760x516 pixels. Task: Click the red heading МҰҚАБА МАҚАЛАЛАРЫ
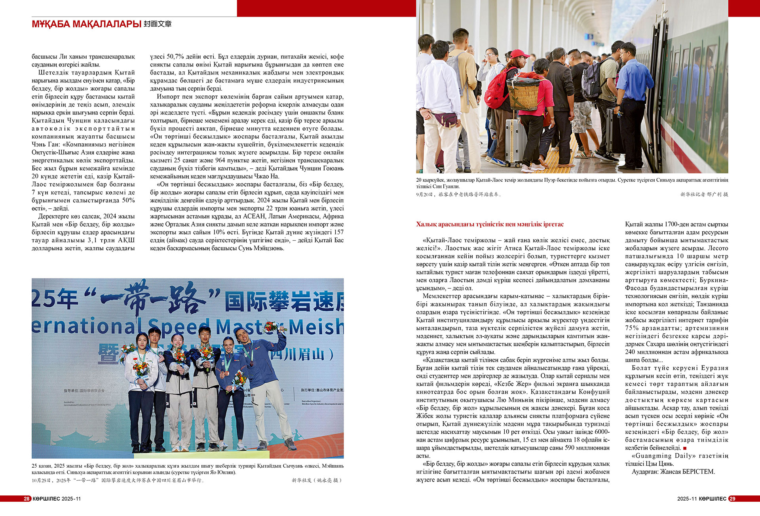[86, 24]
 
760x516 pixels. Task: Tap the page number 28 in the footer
[27, 499]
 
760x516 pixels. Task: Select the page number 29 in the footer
[732, 499]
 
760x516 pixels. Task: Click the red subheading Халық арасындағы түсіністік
[490, 225]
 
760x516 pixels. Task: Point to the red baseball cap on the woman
[519, 54]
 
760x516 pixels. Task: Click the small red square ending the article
[684, 448]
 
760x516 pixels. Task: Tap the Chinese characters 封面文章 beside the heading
[158, 24]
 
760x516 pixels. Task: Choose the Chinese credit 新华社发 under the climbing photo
[302, 480]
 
